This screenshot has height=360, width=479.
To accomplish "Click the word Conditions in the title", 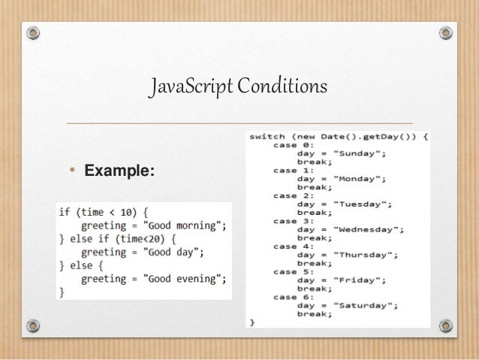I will click(283, 88).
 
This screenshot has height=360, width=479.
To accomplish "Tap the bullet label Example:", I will click(119, 171).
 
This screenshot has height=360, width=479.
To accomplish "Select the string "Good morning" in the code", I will click(186, 225).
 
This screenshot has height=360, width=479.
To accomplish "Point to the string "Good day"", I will click(176, 253).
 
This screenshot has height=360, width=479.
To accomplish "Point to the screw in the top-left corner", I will click(32, 34).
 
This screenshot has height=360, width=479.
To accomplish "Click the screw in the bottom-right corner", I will click(446, 326).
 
